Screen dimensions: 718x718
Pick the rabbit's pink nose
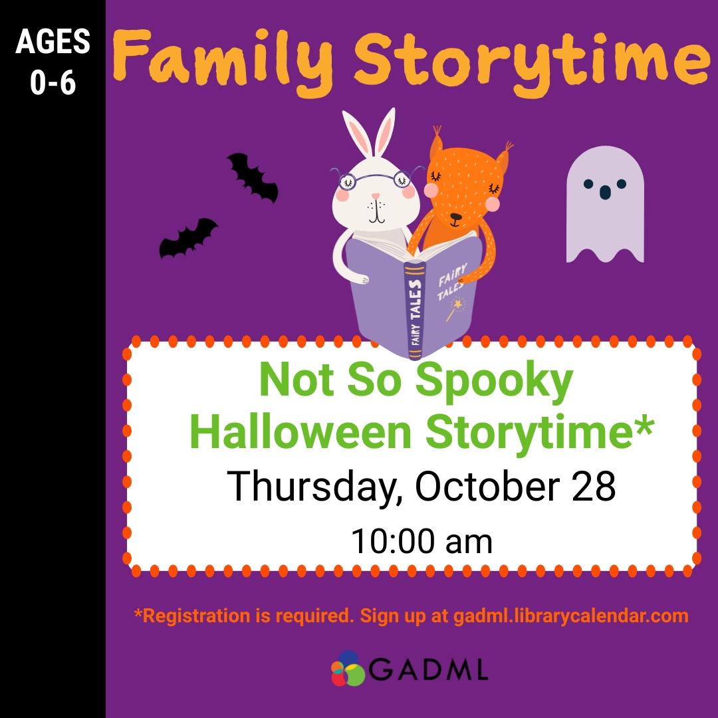click(376, 197)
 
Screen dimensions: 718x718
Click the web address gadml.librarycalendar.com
click(570, 616)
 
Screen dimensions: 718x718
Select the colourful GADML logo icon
click(348, 669)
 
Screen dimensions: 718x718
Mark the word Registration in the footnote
click(192, 616)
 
